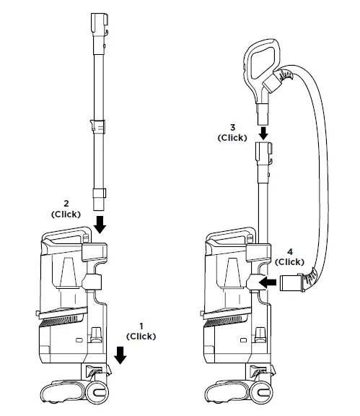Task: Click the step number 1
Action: (x=141, y=326)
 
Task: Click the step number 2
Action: (x=66, y=204)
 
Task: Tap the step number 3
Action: (x=232, y=128)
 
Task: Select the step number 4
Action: (x=290, y=251)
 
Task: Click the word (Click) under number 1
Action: (x=141, y=337)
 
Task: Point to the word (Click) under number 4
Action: (x=289, y=262)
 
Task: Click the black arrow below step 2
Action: (x=100, y=225)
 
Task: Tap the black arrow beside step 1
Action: (x=120, y=355)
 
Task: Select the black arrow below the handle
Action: (x=263, y=134)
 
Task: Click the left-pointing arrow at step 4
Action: (x=267, y=282)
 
